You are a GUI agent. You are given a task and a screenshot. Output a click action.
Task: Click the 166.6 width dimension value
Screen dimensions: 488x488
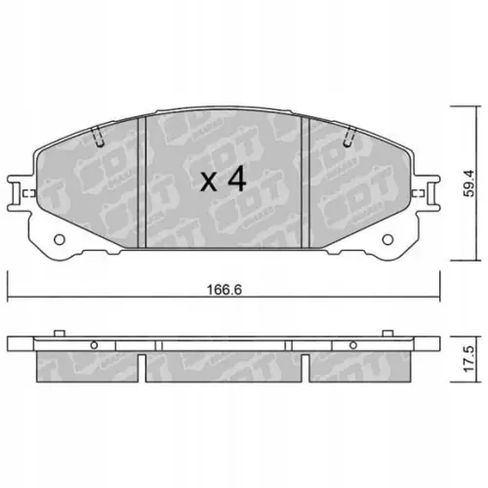coord(224,290)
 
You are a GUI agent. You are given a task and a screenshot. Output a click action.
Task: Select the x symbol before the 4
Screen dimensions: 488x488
coord(208,182)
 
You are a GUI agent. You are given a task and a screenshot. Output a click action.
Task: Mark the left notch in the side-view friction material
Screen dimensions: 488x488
coord(143,367)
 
